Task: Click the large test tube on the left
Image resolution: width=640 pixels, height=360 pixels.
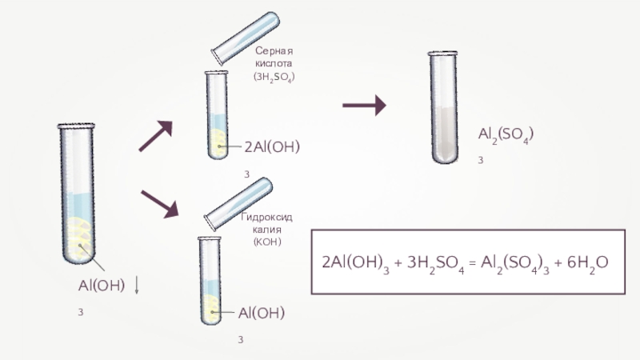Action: [x=78, y=192]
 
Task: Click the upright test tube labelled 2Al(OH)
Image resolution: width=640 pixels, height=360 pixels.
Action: [x=217, y=116]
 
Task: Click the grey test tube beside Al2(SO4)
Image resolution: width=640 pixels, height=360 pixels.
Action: [x=443, y=107]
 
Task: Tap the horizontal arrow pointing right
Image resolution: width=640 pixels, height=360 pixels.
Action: [x=364, y=105]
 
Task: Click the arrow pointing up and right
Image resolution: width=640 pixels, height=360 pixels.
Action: [x=155, y=137]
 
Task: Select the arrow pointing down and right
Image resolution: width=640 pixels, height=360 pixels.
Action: [x=158, y=203]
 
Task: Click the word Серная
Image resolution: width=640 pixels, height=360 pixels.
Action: [x=274, y=50]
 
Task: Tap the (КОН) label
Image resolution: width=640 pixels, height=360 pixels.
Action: [x=266, y=242]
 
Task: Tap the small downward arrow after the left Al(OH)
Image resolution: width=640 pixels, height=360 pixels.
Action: [x=137, y=286]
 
